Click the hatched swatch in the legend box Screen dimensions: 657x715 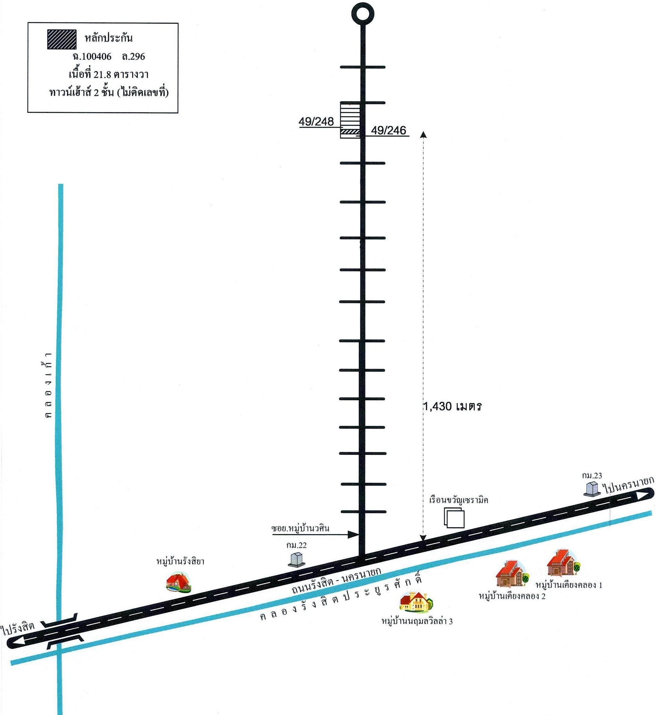[61, 39]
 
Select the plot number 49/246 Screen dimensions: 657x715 [388, 131]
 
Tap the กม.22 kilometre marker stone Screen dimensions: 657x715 [296, 560]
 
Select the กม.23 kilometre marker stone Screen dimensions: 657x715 [592, 489]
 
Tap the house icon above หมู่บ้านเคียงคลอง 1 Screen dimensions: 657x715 [564, 563]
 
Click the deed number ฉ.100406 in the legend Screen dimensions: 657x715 [92, 57]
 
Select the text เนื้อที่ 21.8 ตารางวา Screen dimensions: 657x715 [108, 75]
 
